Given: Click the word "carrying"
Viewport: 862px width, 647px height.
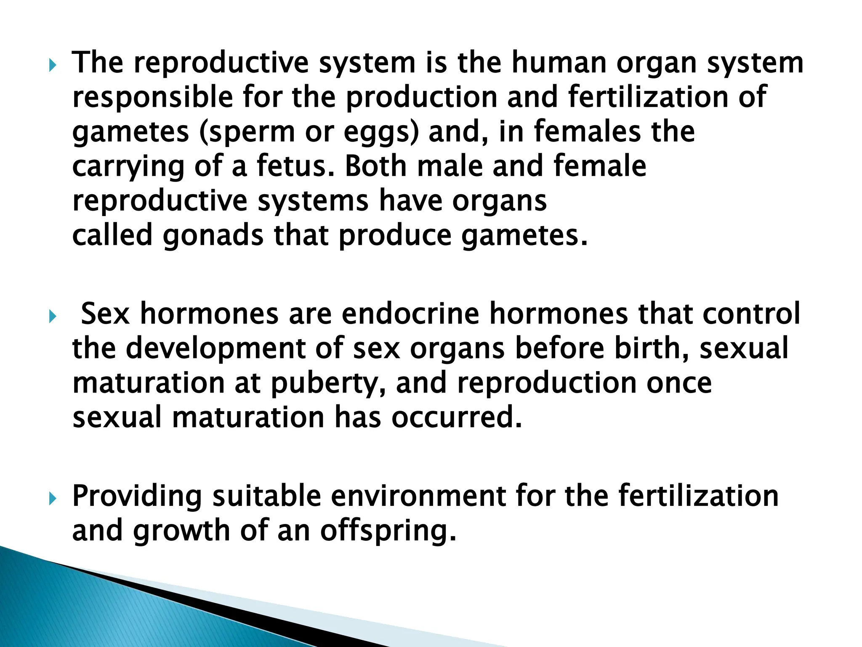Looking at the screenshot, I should (x=128, y=167).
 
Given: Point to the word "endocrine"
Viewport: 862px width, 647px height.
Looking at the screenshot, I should (x=410, y=314).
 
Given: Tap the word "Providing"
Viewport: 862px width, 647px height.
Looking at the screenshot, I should (x=137, y=496).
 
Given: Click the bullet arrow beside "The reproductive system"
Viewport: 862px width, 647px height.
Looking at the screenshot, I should (x=52, y=65).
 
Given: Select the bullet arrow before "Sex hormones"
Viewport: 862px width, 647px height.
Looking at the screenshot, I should (x=52, y=317).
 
